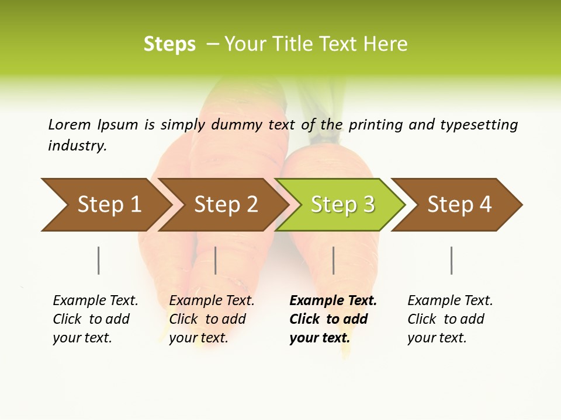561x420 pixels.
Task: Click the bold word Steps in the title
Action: point(169,44)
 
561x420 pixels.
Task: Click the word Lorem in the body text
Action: point(70,125)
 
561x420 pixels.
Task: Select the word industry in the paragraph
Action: point(77,146)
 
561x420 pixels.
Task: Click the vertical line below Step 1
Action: point(99,260)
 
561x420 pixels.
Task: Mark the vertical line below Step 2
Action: point(216,260)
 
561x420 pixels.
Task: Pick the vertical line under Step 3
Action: point(333,260)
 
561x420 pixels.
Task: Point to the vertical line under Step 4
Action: point(451,260)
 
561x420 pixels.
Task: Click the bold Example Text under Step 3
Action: point(333,301)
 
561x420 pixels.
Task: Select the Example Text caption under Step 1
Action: point(95,301)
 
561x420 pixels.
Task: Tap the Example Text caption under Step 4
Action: point(450,301)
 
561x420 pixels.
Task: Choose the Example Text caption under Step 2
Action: point(212,301)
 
